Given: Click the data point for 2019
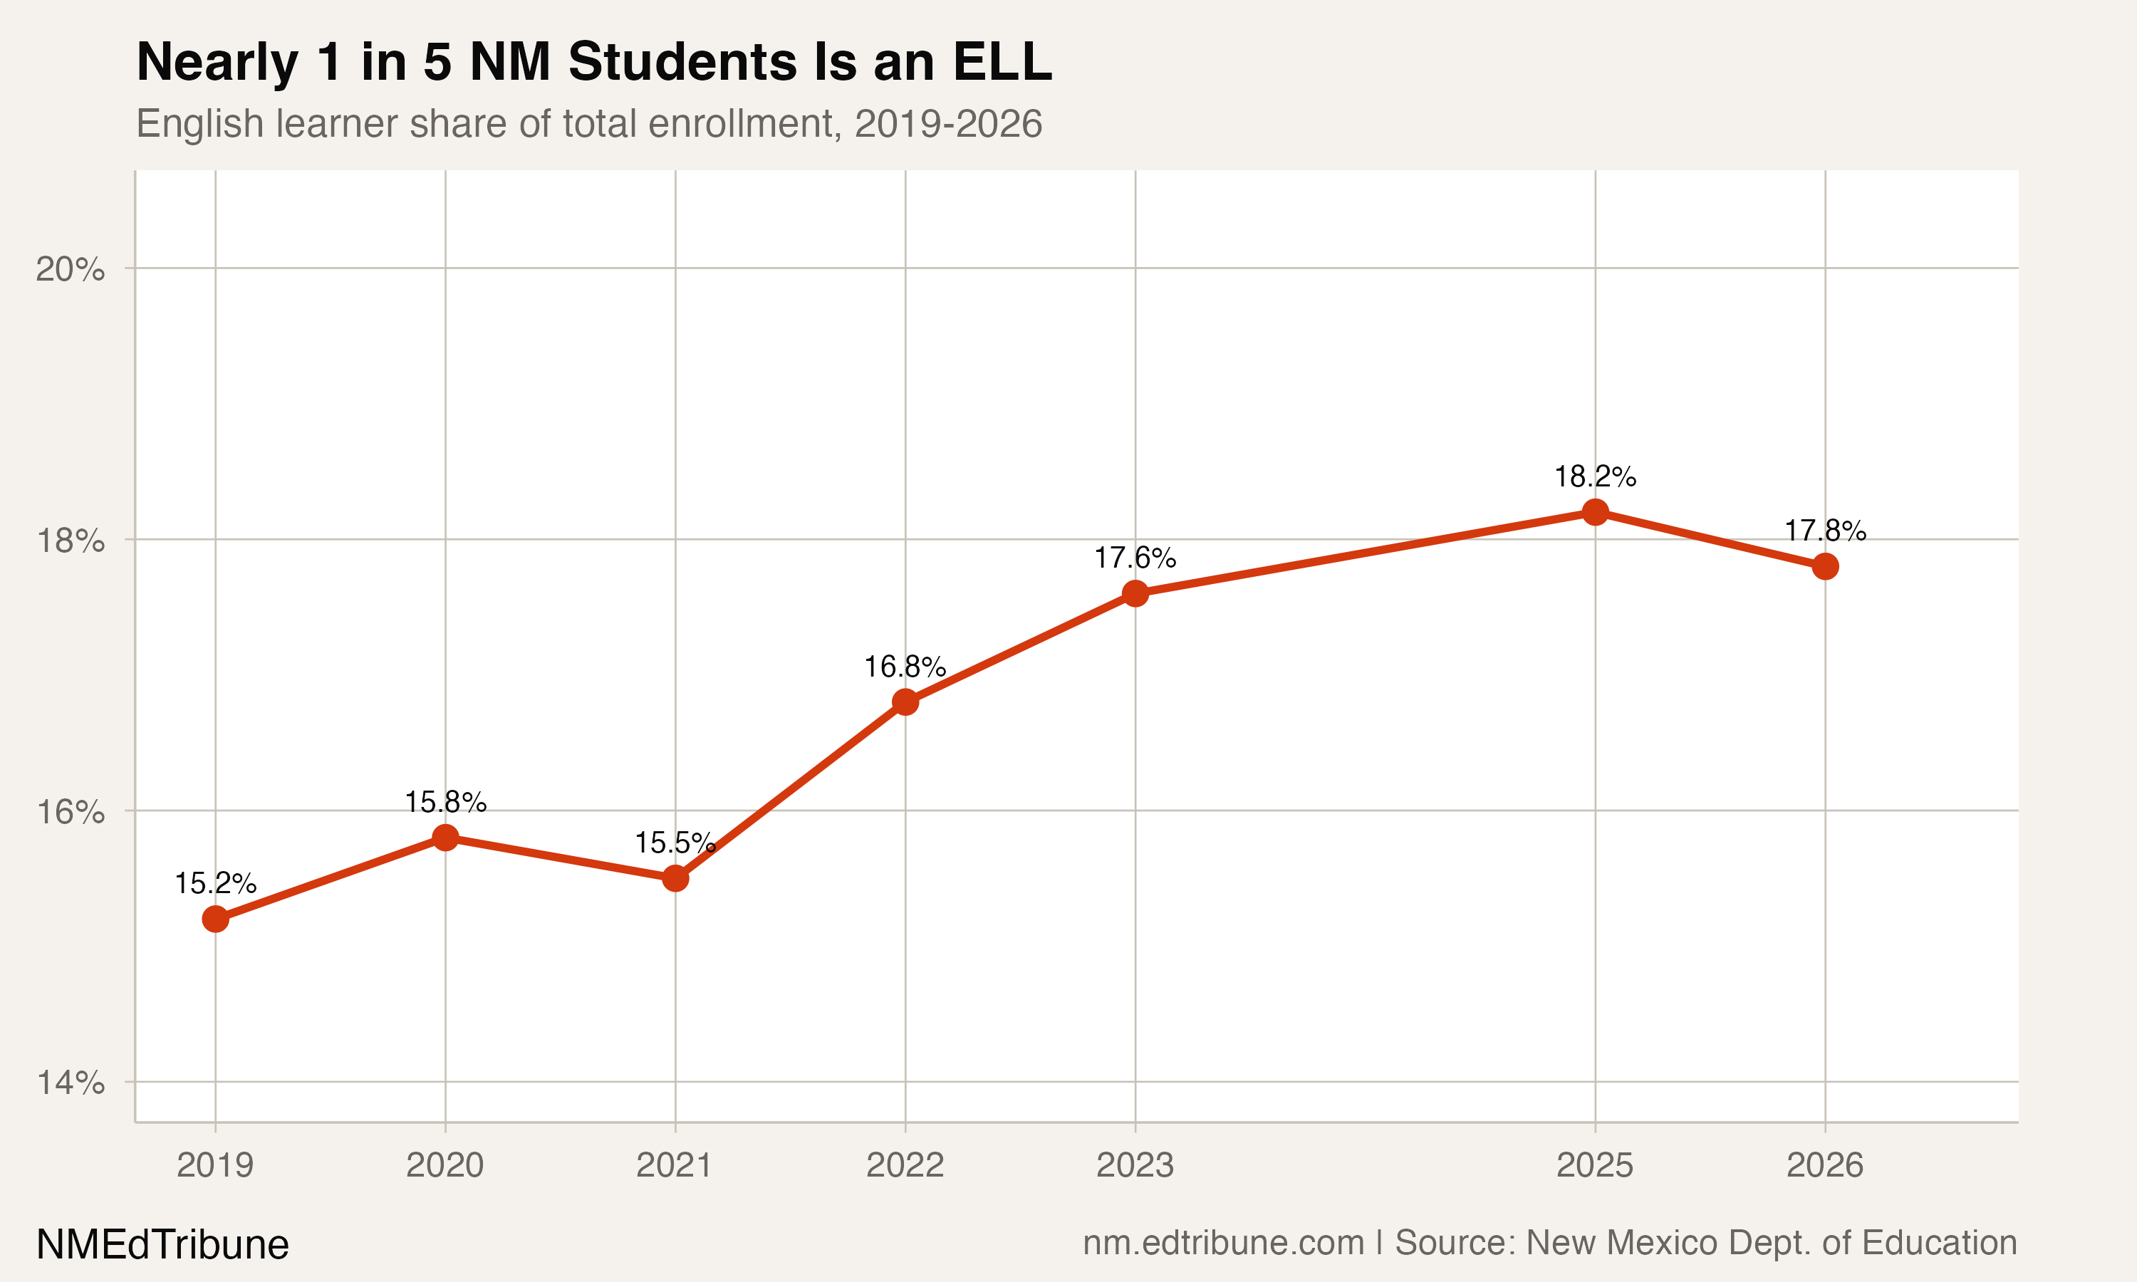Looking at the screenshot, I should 215,919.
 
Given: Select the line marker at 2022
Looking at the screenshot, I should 905,702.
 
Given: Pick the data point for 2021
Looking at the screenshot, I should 675,879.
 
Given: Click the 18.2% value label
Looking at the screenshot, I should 1594,476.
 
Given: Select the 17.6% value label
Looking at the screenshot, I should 1135,558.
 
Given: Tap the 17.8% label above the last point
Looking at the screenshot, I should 1825,531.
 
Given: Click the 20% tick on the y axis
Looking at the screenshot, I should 70,269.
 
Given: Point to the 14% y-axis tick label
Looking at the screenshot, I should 70,1083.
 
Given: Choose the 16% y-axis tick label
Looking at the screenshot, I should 70,811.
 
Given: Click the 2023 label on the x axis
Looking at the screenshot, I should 1135,1165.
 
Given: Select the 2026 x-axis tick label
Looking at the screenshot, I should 1825,1165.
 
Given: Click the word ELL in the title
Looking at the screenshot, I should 1002,62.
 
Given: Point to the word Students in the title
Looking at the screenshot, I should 682,62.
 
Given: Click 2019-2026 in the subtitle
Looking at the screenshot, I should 947,123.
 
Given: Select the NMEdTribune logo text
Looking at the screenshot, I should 162,1245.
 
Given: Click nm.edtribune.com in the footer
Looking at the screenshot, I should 1223,1242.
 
